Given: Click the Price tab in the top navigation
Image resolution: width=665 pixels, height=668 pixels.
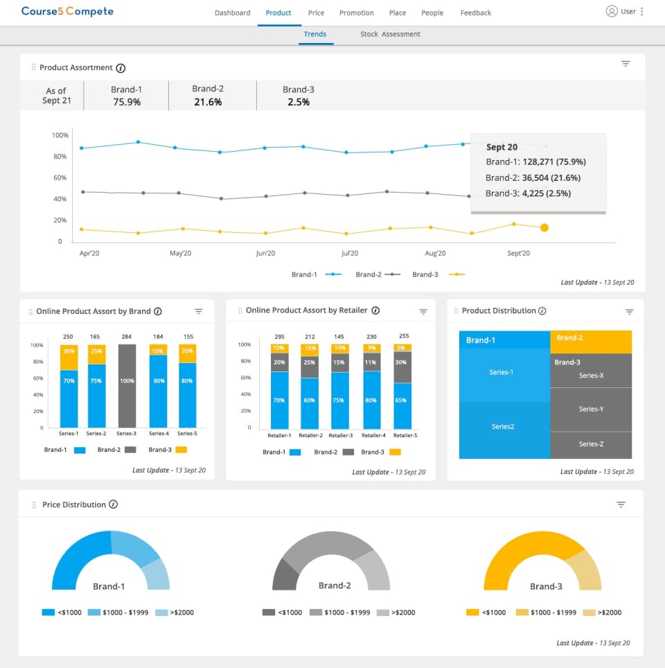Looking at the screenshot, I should click(316, 12).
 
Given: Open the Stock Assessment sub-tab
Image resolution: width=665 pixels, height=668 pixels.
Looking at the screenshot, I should click(390, 34).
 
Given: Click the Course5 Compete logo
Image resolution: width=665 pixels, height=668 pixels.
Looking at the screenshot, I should click(67, 11).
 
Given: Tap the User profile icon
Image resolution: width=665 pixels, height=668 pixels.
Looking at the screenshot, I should click(612, 11).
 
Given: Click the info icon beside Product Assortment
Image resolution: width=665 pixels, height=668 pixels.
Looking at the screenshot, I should click(121, 68).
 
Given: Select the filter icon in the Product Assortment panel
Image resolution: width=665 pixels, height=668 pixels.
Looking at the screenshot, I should click(626, 64).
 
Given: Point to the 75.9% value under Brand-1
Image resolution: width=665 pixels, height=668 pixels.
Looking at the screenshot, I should click(126, 102).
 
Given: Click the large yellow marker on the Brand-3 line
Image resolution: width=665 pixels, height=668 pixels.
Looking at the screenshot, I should click(544, 227).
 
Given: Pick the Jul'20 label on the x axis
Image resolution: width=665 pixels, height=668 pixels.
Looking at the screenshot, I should click(350, 254).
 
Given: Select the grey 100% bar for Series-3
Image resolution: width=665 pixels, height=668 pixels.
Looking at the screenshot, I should click(127, 385).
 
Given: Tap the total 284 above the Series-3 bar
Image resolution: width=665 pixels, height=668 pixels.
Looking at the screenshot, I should click(127, 337).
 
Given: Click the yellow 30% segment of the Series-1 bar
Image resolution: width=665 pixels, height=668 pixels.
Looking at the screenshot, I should click(69, 351).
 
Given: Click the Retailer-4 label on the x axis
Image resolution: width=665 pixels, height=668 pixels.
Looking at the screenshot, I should click(373, 435).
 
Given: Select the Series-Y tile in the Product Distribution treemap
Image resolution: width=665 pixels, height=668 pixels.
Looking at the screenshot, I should click(591, 410).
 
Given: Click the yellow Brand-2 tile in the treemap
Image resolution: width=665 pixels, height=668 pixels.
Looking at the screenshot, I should click(591, 342).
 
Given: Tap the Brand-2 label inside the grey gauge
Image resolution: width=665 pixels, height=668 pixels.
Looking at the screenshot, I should click(335, 586).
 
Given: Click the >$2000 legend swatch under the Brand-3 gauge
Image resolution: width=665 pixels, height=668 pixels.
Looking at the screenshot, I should click(589, 613).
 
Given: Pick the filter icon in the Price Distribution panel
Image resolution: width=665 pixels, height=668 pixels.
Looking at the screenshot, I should click(621, 504).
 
